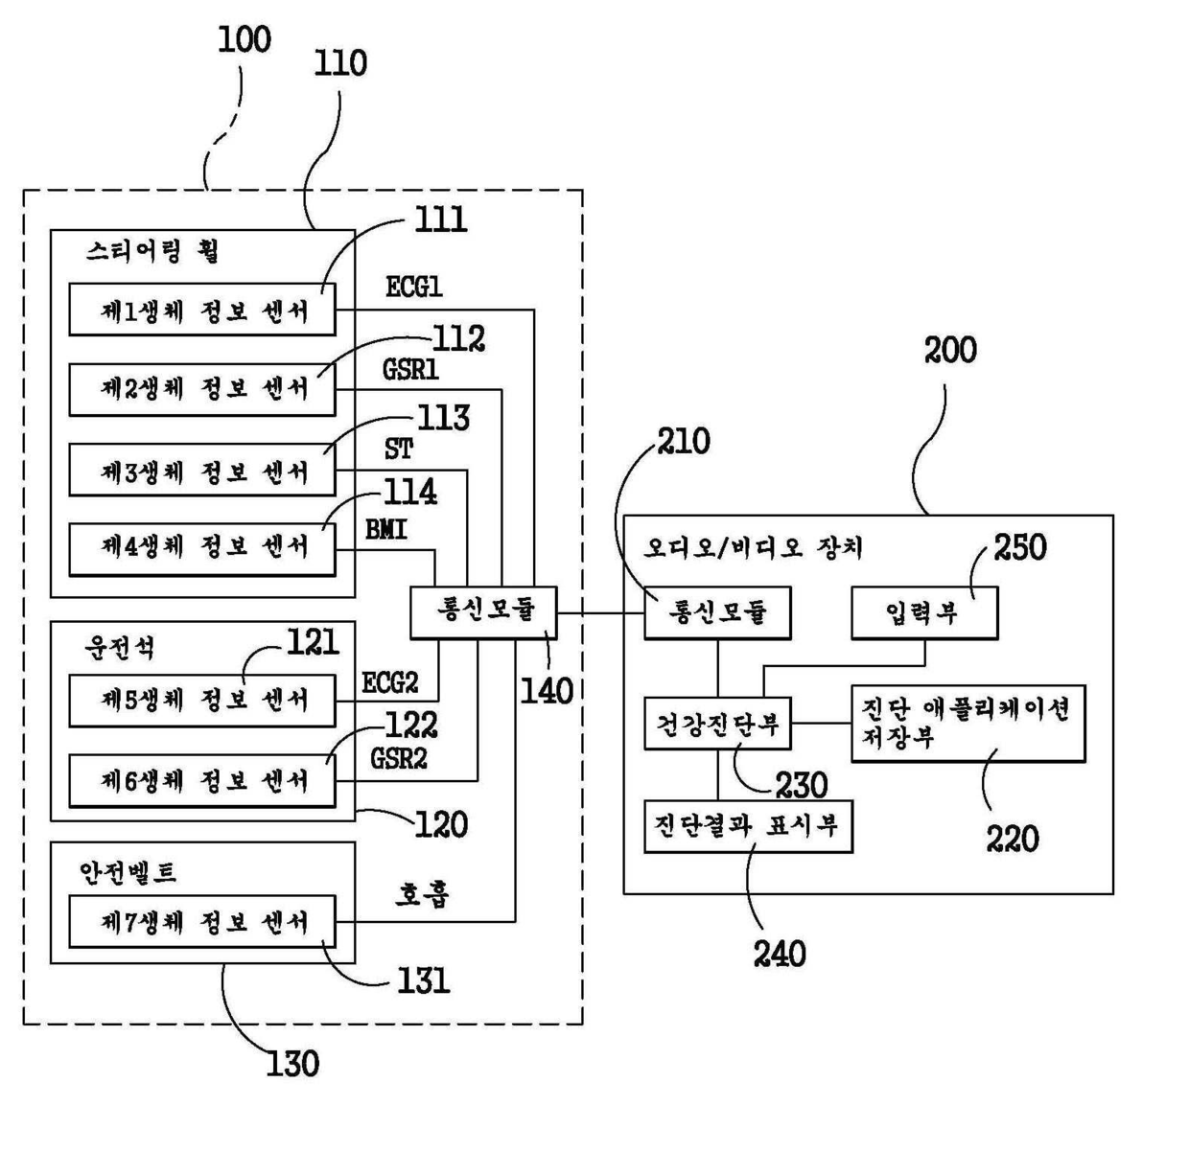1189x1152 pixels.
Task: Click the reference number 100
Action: pyautogui.click(x=245, y=40)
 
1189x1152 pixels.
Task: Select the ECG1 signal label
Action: pyautogui.click(x=414, y=287)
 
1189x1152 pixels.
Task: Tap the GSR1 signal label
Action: pyautogui.click(x=411, y=369)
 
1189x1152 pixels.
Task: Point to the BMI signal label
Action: pyautogui.click(x=386, y=529)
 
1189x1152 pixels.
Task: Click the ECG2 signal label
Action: pyautogui.click(x=390, y=682)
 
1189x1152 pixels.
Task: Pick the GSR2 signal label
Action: pyautogui.click(x=399, y=758)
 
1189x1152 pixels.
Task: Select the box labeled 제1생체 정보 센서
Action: pyautogui.click(x=202, y=310)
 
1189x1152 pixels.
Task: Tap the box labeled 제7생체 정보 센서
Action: pyautogui.click(x=202, y=922)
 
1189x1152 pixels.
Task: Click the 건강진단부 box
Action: pyautogui.click(x=717, y=724)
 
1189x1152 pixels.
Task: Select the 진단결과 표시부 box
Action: pyautogui.click(x=748, y=827)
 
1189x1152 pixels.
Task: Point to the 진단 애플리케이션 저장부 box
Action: pyautogui.click(x=968, y=724)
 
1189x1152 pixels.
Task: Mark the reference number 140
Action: pyautogui.click(x=547, y=691)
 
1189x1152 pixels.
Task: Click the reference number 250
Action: pyautogui.click(x=1019, y=548)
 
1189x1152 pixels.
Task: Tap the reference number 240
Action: pyautogui.click(x=780, y=954)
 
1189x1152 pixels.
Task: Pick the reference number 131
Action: pyautogui.click(x=423, y=980)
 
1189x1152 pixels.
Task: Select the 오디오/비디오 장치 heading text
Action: pyautogui.click(x=754, y=548)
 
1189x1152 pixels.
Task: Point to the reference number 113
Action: pyautogui.click(x=443, y=419)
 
